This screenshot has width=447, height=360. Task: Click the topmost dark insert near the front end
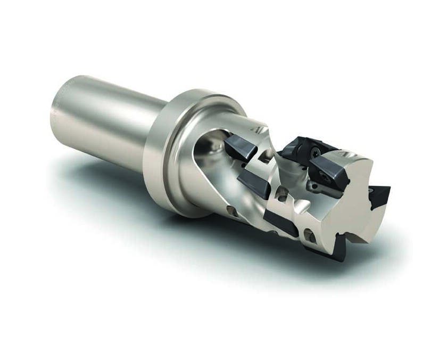pos(298,147)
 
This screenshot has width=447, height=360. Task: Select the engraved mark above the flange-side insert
pos(259,128)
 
